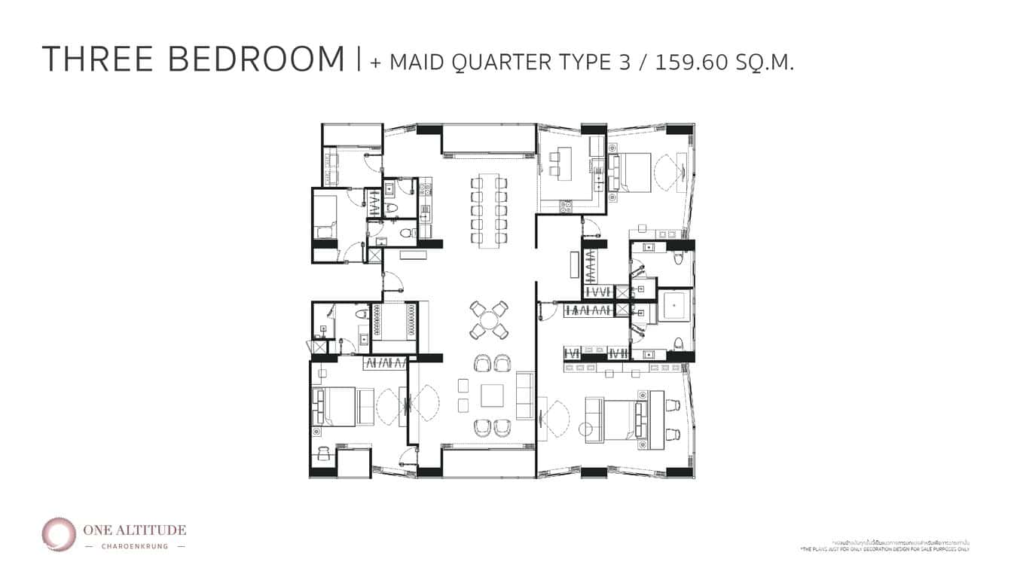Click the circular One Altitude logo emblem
tap(58, 533)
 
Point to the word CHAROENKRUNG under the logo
tap(135, 546)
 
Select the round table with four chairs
tap(489, 319)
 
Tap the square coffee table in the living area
tap(493, 395)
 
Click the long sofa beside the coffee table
tap(525, 395)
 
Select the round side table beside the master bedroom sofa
tap(585, 429)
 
